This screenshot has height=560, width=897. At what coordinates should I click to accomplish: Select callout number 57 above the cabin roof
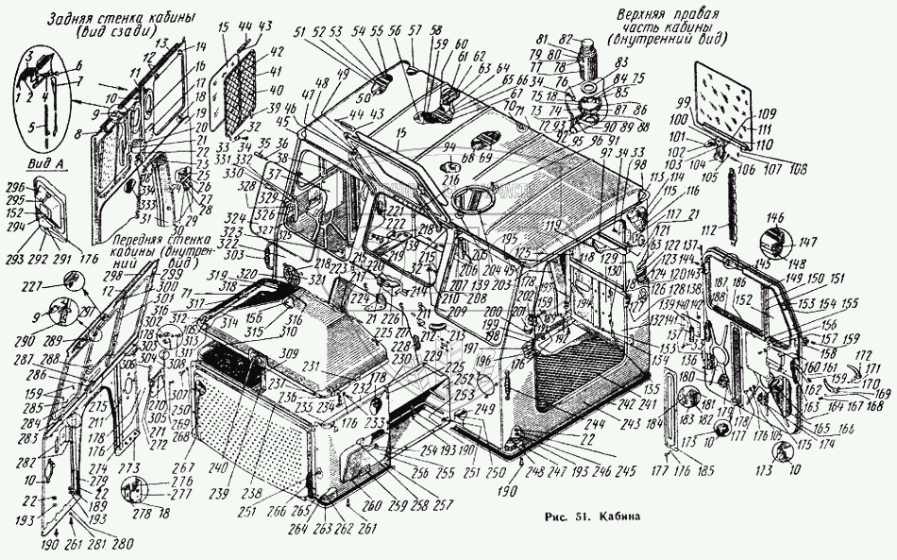click(x=416, y=31)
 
